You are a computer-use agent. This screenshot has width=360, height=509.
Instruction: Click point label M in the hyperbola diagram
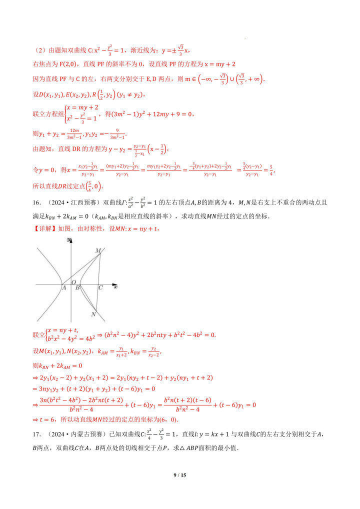pos(97,250)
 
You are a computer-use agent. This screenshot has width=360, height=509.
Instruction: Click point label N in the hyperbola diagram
pos(93,314)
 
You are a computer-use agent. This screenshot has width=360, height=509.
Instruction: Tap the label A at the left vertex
pos(64,287)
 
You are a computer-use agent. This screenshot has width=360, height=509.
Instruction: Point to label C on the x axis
pos(100,287)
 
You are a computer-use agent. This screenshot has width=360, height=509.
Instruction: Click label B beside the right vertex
pos(77,287)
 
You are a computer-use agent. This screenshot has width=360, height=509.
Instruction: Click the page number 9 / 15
pos(179,475)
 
